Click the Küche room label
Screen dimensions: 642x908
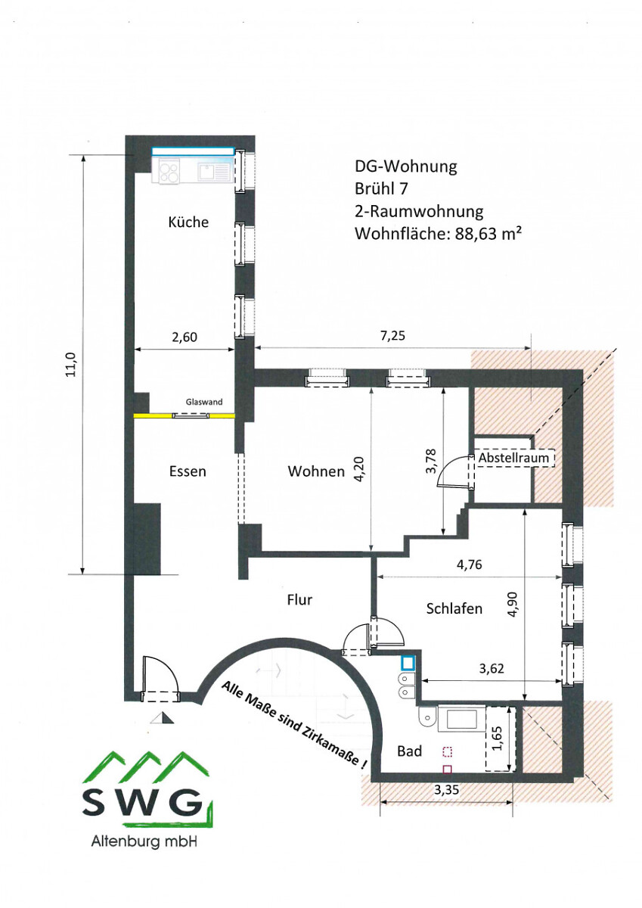click(188, 222)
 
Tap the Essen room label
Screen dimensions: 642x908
click(188, 471)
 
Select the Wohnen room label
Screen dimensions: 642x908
click(316, 471)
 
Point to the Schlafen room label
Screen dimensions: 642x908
click(454, 608)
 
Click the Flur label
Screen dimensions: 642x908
click(299, 599)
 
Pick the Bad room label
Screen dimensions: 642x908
click(410, 751)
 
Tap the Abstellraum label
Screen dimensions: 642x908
click(513, 458)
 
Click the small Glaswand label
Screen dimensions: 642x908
click(204, 402)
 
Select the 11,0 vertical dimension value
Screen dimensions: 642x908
click(72, 364)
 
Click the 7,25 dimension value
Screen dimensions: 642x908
click(393, 336)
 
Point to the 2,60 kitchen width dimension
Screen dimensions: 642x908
click(185, 337)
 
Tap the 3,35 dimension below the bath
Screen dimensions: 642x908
click(447, 790)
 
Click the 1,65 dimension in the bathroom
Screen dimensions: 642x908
click(498, 739)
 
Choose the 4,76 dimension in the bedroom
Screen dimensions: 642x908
click(469, 564)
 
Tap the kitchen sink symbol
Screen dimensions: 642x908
click(213, 172)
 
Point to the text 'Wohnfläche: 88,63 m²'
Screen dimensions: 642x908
click(438, 234)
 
